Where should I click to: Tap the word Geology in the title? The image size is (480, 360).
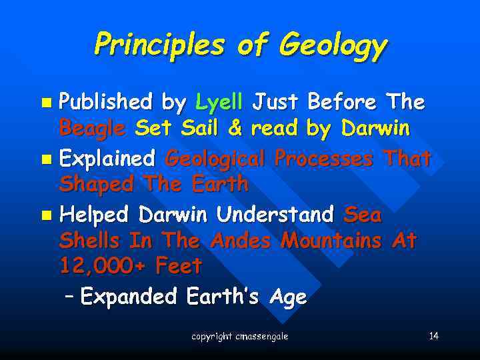333,46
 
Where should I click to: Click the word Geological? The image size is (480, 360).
215,160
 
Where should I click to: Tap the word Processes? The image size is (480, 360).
325,159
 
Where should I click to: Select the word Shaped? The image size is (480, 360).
93,183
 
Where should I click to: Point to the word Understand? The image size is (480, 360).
275,215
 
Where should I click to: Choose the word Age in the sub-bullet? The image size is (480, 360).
288,297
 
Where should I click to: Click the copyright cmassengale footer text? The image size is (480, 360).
239,337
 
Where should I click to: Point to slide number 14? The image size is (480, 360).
433,335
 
